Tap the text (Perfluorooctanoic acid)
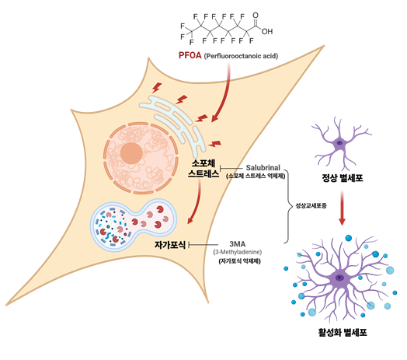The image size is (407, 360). pyautogui.click(x=241, y=57)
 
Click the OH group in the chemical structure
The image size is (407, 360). pyautogui.click(x=268, y=32)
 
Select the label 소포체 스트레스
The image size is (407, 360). pyautogui.click(x=207, y=170)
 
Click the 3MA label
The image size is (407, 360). pyautogui.click(x=240, y=242)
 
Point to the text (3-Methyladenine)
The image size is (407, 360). pyautogui.click(x=240, y=251)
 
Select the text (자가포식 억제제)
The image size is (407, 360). pyautogui.click(x=239, y=261)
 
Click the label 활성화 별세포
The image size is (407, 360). pyautogui.click(x=341, y=332)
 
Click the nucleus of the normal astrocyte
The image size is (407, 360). pyautogui.click(x=339, y=143)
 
